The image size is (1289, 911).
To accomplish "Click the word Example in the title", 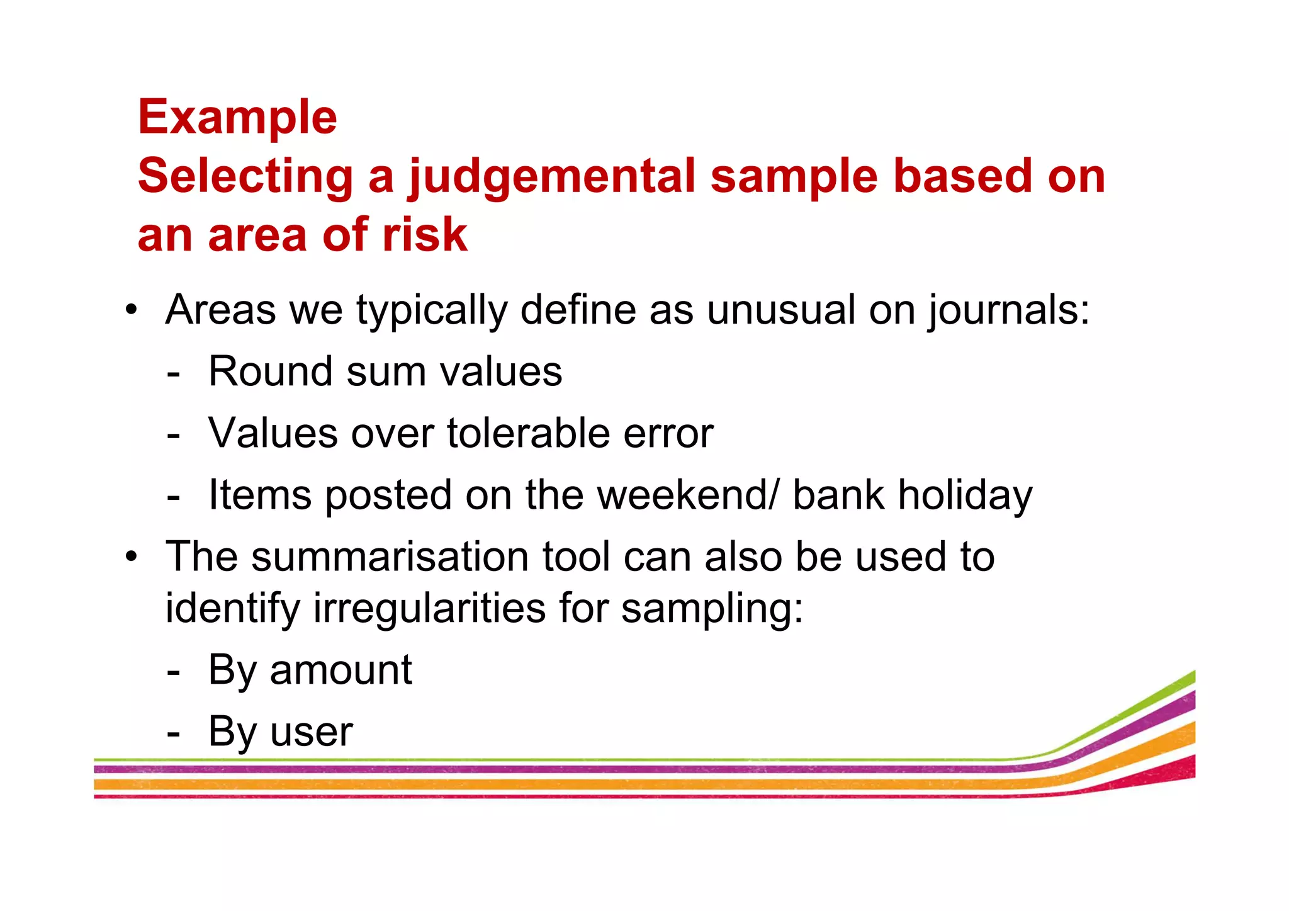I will (x=237, y=118).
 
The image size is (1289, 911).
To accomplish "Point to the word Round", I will (x=271, y=371).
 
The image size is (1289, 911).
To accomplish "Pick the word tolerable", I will (x=528, y=433).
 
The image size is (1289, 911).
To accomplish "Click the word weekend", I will (x=682, y=495).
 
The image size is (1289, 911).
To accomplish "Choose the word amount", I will (x=341, y=670).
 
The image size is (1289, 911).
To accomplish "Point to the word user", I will (x=311, y=732).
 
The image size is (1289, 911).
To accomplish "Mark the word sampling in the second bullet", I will (x=712, y=609).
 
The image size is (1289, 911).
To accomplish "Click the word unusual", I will (x=780, y=310).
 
